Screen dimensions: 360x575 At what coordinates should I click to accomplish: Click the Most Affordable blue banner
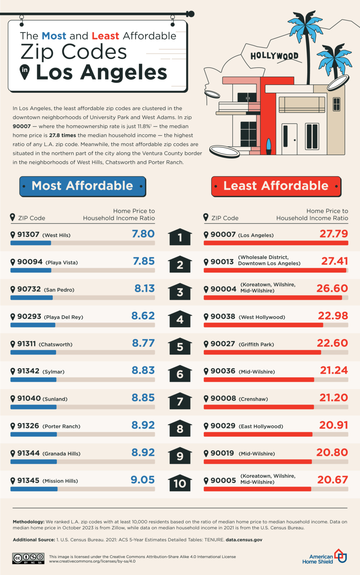click(x=83, y=186)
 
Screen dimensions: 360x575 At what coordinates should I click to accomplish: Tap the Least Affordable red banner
click(x=276, y=186)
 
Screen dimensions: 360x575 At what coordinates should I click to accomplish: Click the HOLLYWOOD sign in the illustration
click(x=275, y=56)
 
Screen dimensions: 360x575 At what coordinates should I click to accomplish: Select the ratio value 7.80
click(x=143, y=234)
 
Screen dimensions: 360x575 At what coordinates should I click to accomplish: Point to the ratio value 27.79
click(x=334, y=234)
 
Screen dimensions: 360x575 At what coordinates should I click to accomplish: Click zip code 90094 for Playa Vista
click(x=30, y=262)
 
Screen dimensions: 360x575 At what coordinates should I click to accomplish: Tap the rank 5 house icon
click(x=180, y=346)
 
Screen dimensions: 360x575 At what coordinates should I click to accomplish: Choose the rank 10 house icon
click(x=180, y=483)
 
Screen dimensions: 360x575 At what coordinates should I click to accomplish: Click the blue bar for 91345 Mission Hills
click(x=34, y=489)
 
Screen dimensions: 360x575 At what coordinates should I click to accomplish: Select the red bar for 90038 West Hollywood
click(x=263, y=325)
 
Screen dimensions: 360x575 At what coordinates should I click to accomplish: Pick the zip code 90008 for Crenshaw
click(x=223, y=398)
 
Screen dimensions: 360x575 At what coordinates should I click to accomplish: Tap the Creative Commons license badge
click(x=28, y=559)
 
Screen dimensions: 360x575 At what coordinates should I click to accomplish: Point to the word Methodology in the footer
click(x=28, y=521)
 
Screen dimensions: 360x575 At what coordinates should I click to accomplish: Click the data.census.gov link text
click(x=244, y=539)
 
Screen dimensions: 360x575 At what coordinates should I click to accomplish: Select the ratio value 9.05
click(x=143, y=480)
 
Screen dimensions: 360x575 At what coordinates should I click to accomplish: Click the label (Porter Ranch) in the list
click(x=61, y=426)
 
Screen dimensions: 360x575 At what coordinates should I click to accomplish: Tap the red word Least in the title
click(x=105, y=36)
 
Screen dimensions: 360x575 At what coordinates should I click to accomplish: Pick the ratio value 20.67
click(x=333, y=480)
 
